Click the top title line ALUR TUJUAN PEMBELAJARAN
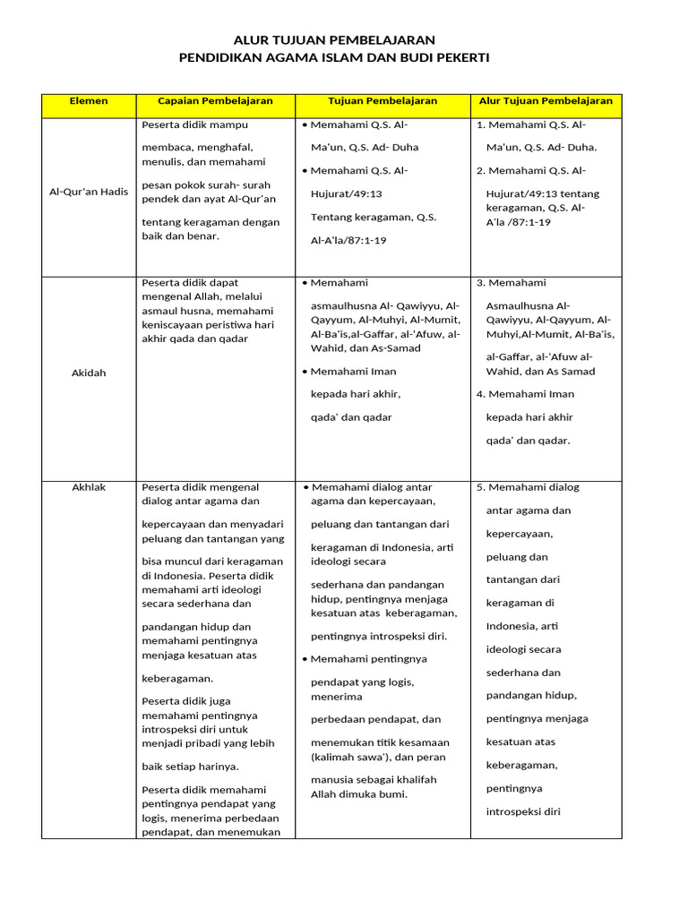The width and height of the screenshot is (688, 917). (x=334, y=40)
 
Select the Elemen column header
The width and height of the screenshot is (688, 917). (x=89, y=101)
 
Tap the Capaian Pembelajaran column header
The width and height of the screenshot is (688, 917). (x=215, y=101)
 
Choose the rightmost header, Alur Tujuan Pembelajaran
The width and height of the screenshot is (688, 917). (x=546, y=101)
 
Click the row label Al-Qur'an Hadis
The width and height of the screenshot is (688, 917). (x=89, y=192)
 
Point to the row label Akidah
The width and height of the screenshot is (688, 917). (x=89, y=373)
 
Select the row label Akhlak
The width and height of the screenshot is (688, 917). (x=89, y=487)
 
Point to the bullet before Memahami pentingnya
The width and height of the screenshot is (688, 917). (x=305, y=659)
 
